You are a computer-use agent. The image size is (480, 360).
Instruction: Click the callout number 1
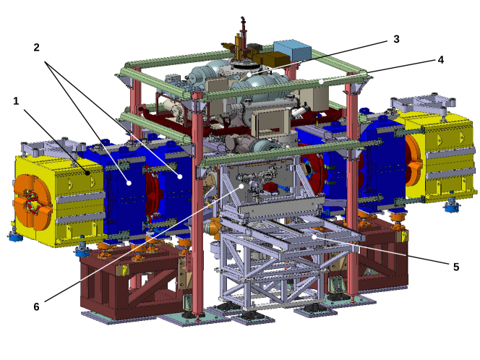16,101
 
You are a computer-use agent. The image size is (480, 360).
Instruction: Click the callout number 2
36,48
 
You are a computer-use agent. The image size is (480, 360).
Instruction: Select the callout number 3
396,38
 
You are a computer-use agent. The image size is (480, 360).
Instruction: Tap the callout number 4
440,60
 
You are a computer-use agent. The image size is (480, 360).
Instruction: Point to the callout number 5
455,266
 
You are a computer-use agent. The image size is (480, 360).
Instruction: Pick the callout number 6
36,306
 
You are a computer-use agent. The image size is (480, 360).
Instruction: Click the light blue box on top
293,51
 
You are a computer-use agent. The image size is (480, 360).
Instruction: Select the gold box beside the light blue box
273,61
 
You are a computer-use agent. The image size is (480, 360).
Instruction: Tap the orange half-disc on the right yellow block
414,160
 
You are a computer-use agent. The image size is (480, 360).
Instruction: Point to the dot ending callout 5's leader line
316,236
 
